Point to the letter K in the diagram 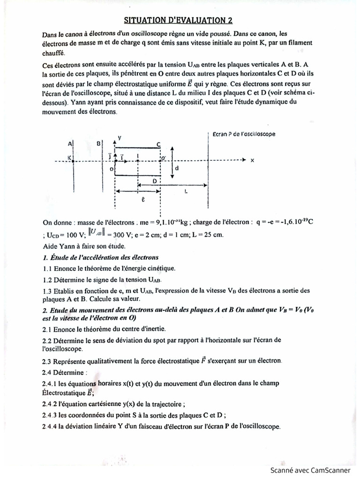tap(70, 158)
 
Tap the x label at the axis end tap(252, 160)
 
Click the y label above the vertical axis tap(120, 138)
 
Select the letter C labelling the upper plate tap(159, 144)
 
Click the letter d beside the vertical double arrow tap(176, 167)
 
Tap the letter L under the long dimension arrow tap(187, 192)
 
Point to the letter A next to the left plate tap(69, 143)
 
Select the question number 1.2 tap(47, 280)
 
